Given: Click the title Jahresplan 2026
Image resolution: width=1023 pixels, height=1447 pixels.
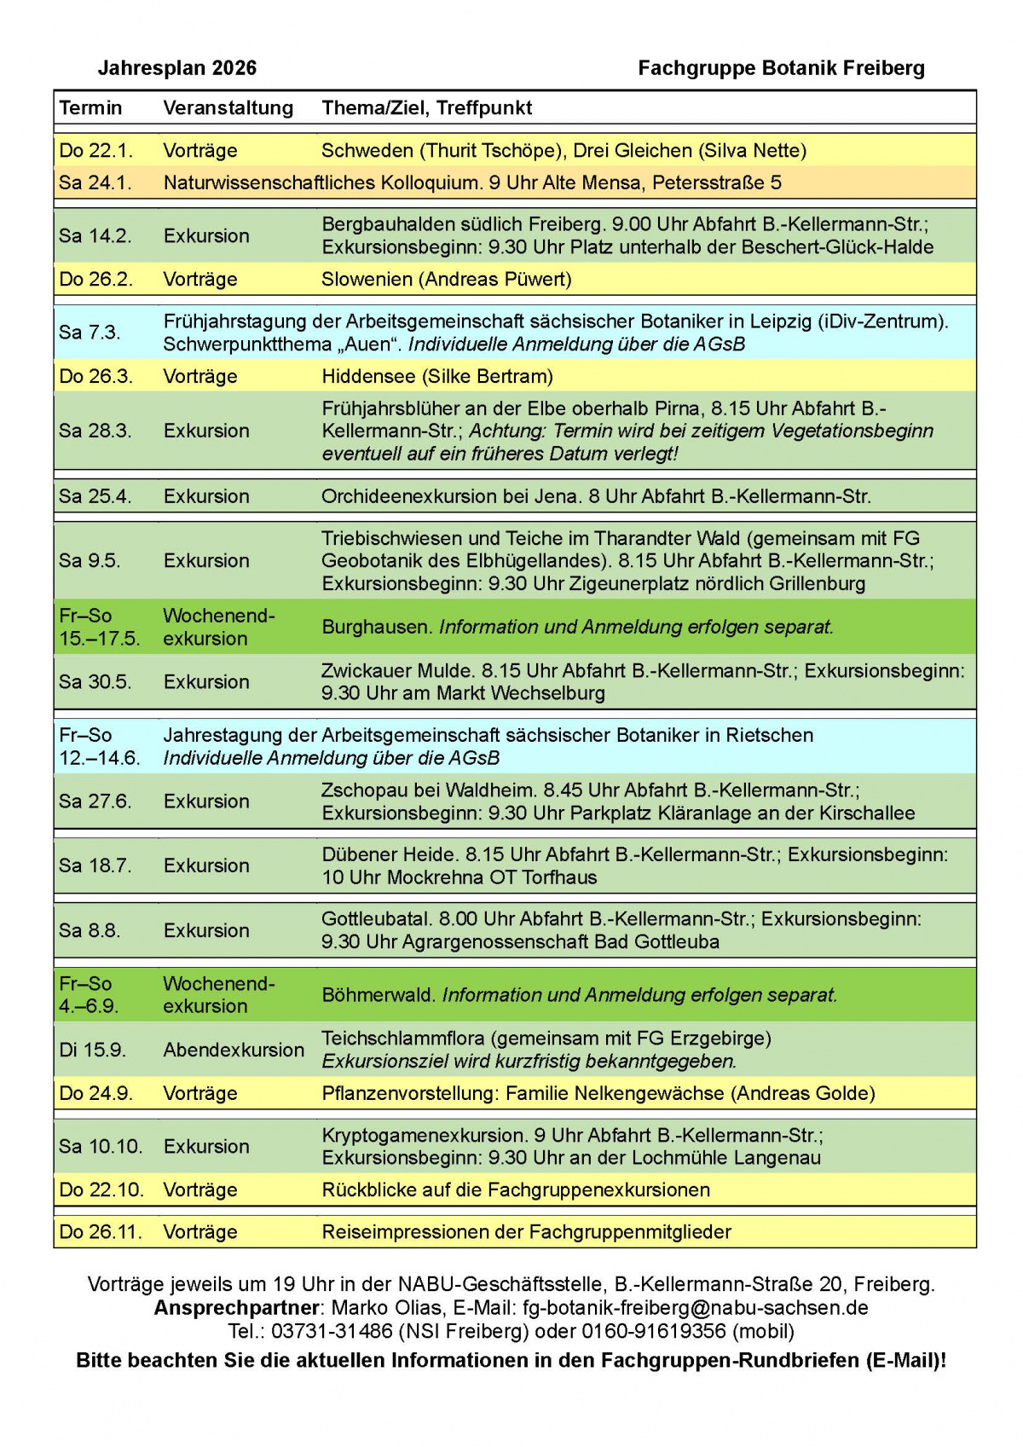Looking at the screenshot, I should (x=176, y=68).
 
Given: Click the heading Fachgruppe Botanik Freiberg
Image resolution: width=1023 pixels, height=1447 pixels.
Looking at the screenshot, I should (x=781, y=68).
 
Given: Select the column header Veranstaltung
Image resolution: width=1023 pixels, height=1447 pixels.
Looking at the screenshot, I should (x=228, y=108).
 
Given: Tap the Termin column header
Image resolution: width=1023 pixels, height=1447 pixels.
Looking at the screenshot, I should (x=90, y=108).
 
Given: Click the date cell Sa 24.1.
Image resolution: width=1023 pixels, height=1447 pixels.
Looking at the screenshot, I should (x=95, y=182).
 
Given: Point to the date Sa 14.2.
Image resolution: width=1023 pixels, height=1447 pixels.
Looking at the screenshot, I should (x=95, y=236).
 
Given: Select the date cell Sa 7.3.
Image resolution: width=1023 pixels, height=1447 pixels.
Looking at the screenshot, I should (x=90, y=333).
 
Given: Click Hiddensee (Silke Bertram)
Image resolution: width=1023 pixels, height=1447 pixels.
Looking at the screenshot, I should (x=437, y=376).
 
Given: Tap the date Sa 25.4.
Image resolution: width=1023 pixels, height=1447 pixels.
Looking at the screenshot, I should (x=95, y=496).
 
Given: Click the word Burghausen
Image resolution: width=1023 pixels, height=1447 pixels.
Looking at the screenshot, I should (x=376, y=627).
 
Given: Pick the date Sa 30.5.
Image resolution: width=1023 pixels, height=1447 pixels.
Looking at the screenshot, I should (x=95, y=682).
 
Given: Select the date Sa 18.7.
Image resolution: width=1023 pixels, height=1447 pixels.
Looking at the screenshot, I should (x=95, y=865).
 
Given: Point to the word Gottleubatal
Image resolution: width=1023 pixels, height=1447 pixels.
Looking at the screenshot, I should (x=376, y=919).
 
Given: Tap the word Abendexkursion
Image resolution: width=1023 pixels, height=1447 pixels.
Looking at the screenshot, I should (x=234, y=1050).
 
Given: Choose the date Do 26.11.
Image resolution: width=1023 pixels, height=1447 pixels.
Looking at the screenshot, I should (x=101, y=1232).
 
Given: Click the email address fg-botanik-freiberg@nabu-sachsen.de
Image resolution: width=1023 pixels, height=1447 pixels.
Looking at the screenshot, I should (x=696, y=1308).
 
